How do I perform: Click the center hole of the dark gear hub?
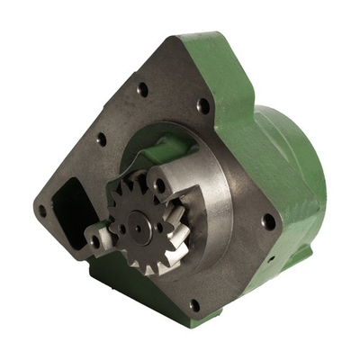pyautogui.click(x=136, y=228)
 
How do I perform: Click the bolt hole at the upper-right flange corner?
pyautogui.click(x=203, y=105)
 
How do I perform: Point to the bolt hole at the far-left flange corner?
pyautogui.click(x=42, y=211)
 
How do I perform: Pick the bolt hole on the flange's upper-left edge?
pyautogui.click(x=101, y=139)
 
